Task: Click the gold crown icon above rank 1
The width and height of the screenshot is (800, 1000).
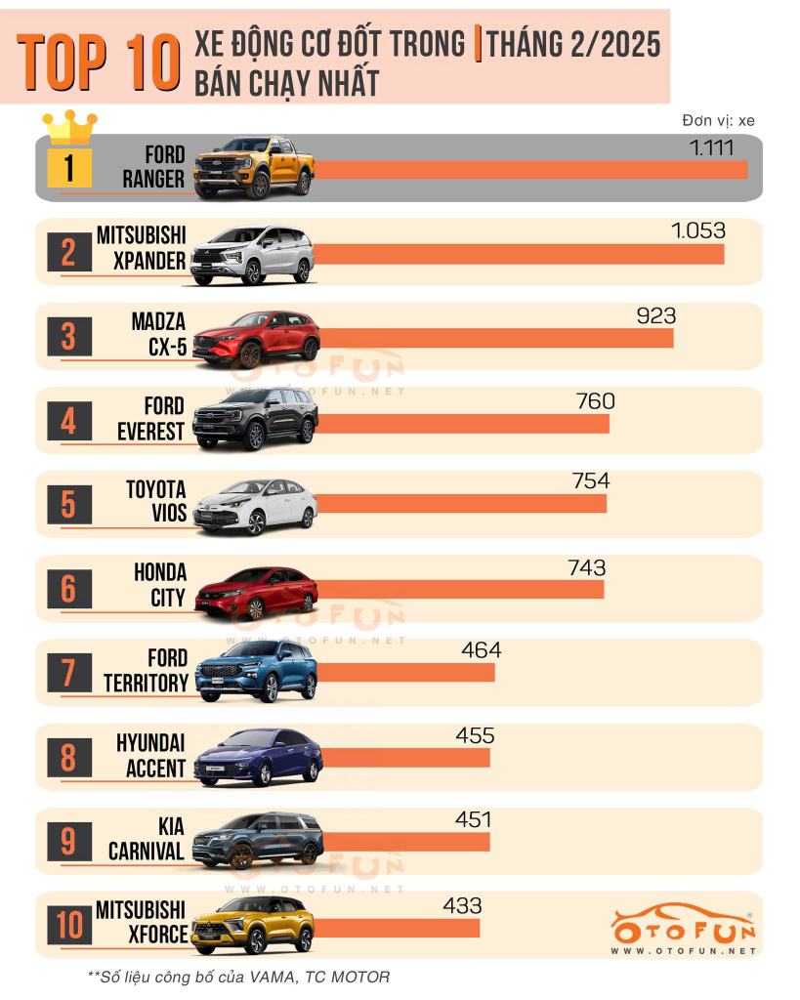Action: tap(69, 127)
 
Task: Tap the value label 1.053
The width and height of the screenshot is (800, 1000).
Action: tap(698, 230)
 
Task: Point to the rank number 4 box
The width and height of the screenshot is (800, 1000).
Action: tap(69, 422)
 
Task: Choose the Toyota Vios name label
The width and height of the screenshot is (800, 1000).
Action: tap(155, 501)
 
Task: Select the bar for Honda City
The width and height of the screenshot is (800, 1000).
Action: tap(459, 589)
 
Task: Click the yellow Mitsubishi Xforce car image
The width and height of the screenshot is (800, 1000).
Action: tap(253, 925)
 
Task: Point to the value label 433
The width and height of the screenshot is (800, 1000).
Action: tap(462, 906)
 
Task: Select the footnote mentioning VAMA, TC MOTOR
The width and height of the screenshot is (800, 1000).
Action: tap(239, 976)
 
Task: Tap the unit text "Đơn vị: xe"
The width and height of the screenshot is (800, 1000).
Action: tap(719, 121)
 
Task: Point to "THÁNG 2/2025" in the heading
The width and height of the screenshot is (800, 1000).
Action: tap(573, 45)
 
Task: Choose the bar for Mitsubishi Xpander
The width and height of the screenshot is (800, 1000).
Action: tap(518, 254)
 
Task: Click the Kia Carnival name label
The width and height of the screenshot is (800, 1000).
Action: tap(147, 838)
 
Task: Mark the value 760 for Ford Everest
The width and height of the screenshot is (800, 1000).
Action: tap(596, 401)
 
